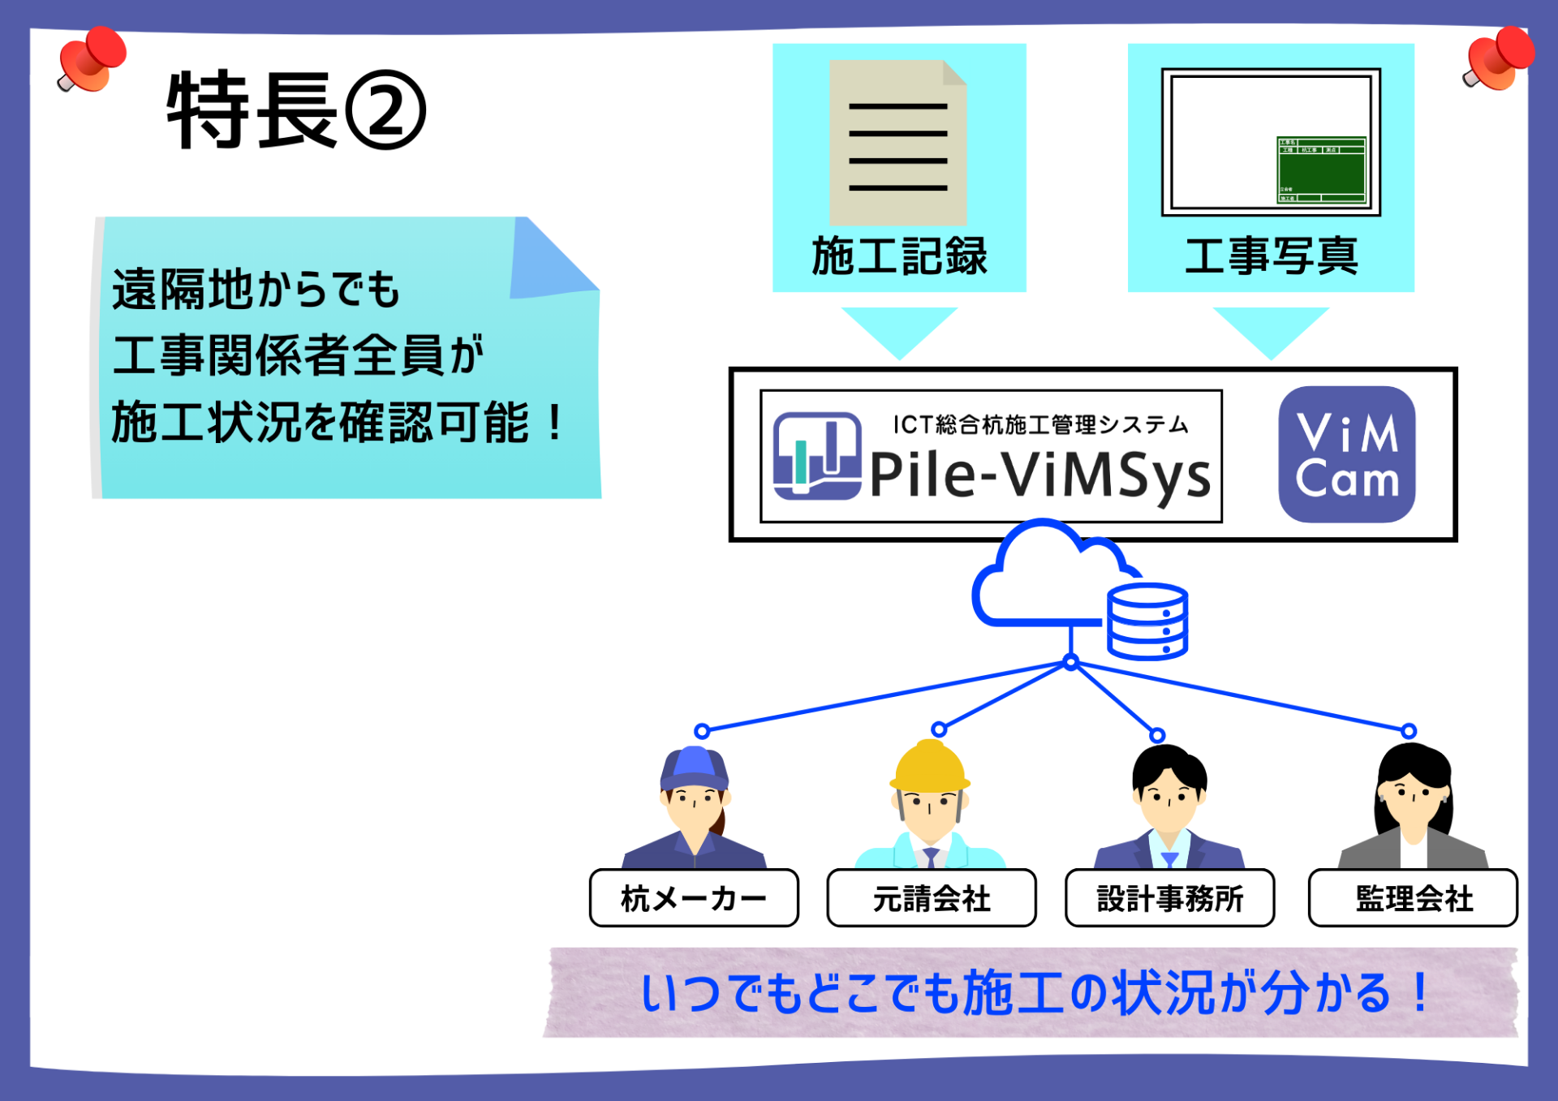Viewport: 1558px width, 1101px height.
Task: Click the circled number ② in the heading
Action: coord(385,111)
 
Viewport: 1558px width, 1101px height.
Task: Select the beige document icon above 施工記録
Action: coord(897,143)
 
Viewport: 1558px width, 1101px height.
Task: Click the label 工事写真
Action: coord(1271,256)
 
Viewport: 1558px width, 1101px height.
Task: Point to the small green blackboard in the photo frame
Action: coord(1321,170)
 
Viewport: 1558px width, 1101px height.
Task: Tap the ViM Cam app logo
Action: coord(1347,454)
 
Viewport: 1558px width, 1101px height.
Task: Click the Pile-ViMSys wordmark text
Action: coord(1040,475)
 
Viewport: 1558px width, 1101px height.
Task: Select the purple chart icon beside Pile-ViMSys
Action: coord(816,456)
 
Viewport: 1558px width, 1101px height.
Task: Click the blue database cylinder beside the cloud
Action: coord(1147,621)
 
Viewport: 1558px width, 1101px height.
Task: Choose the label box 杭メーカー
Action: coord(694,898)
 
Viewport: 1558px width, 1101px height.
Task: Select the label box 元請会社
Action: coord(932,898)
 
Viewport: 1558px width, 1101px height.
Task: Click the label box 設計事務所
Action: coord(1169,898)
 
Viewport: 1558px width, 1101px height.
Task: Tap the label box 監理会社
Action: coord(1413,898)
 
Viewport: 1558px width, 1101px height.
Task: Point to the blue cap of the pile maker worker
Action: coord(693,767)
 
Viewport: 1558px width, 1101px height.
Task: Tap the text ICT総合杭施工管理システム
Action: coord(1040,424)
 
